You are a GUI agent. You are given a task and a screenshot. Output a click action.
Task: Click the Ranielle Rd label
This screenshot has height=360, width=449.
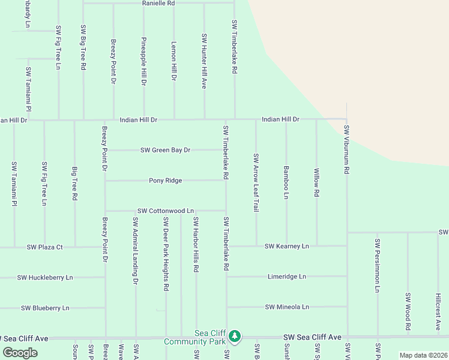pos(158,3)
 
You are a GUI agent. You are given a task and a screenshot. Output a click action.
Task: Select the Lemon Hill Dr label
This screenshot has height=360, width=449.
pos(174,61)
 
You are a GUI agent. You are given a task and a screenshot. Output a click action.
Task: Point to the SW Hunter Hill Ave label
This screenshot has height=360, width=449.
pos(204,61)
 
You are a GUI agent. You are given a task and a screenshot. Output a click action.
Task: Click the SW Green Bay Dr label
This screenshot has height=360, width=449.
pos(165,150)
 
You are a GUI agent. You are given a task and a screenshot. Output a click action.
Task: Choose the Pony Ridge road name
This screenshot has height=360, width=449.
pos(165,181)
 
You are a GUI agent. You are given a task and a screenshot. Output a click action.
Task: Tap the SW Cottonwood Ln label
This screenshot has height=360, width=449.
pos(166,211)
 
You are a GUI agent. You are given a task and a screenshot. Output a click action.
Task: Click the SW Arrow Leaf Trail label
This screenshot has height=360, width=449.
pos(256,182)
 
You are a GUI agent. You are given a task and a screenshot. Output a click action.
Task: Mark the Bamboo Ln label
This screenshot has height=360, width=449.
pos(286,183)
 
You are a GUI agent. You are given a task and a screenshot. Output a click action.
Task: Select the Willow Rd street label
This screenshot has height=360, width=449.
pos(316,182)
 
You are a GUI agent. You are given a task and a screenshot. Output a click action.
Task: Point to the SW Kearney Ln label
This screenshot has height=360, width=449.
pos(287,246)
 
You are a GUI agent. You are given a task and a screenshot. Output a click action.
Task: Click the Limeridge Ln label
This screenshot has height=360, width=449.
pos(286,277)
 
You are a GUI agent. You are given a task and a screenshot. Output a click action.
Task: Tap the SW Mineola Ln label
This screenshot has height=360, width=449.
pos(287,307)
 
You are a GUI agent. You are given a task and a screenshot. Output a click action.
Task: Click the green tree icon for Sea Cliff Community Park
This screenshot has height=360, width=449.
pos(235,336)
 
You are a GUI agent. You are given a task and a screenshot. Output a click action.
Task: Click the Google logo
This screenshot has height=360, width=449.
pos(20,353)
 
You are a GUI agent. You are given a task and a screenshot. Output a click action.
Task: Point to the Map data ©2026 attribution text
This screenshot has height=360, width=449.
pos(423,355)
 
